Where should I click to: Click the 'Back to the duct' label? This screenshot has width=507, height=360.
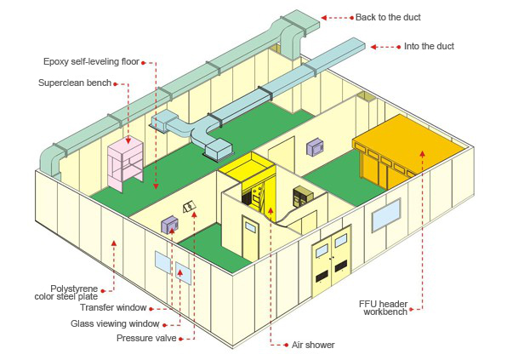tap(388, 17)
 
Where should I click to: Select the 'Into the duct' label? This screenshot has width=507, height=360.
tap(429, 46)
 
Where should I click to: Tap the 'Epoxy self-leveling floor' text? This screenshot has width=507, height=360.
tap(91, 61)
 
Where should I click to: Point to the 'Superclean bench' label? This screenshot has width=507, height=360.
tap(75, 83)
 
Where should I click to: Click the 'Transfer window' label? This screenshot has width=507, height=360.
tap(113, 307)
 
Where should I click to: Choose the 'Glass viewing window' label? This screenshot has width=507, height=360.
tap(115, 323)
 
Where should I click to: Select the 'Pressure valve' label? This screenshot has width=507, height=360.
tap(146, 338)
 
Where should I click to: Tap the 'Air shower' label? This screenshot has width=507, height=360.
tap(313, 345)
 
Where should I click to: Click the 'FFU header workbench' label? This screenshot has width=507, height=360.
tap(384, 308)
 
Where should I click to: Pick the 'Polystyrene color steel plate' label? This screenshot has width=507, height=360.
tap(66, 293)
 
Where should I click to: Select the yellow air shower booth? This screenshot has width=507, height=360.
tap(252, 185)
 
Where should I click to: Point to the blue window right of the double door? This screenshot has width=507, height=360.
tap(386, 215)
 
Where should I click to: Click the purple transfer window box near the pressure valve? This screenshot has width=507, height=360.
tap(170, 225)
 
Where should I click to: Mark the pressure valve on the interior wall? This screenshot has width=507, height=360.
tap(189, 207)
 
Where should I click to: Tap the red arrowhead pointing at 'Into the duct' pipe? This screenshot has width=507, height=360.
tap(373, 47)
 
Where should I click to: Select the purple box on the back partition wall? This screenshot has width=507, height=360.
tap(316, 147)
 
